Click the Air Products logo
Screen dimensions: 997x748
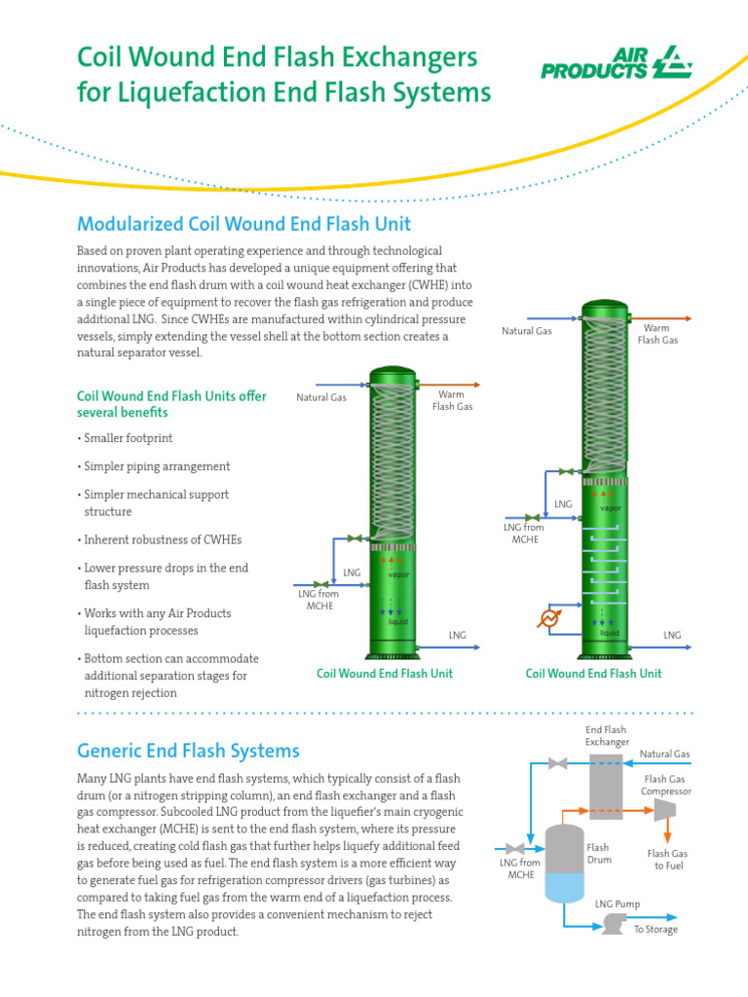(x=616, y=63)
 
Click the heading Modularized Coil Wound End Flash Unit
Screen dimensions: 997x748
(x=243, y=224)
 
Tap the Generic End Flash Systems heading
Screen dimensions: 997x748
(x=188, y=751)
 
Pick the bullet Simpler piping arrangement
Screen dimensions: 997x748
(x=157, y=466)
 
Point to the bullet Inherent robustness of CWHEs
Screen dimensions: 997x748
(x=163, y=539)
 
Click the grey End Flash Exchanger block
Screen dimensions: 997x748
(x=606, y=784)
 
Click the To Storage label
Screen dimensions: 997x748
(x=655, y=930)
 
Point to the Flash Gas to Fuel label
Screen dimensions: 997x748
(x=667, y=860)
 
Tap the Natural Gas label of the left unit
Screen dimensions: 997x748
(x=321, y=397)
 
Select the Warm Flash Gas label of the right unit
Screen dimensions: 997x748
(x=657, y=334)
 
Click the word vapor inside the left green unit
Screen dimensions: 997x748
(x=399, y=575)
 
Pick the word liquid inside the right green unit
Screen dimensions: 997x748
(x=610, y=633)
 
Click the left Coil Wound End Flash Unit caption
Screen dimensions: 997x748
(x=385, y=673)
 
